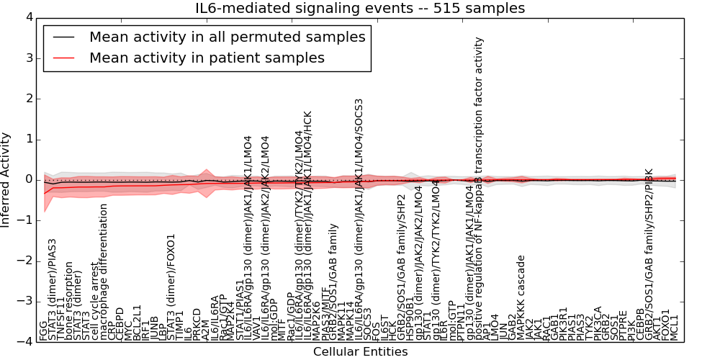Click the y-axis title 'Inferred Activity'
[x=6, y=179]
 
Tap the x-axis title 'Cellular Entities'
[x=360, y=352]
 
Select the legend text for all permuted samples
[x=227, y=37]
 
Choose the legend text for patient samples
[x=207, y=58]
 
